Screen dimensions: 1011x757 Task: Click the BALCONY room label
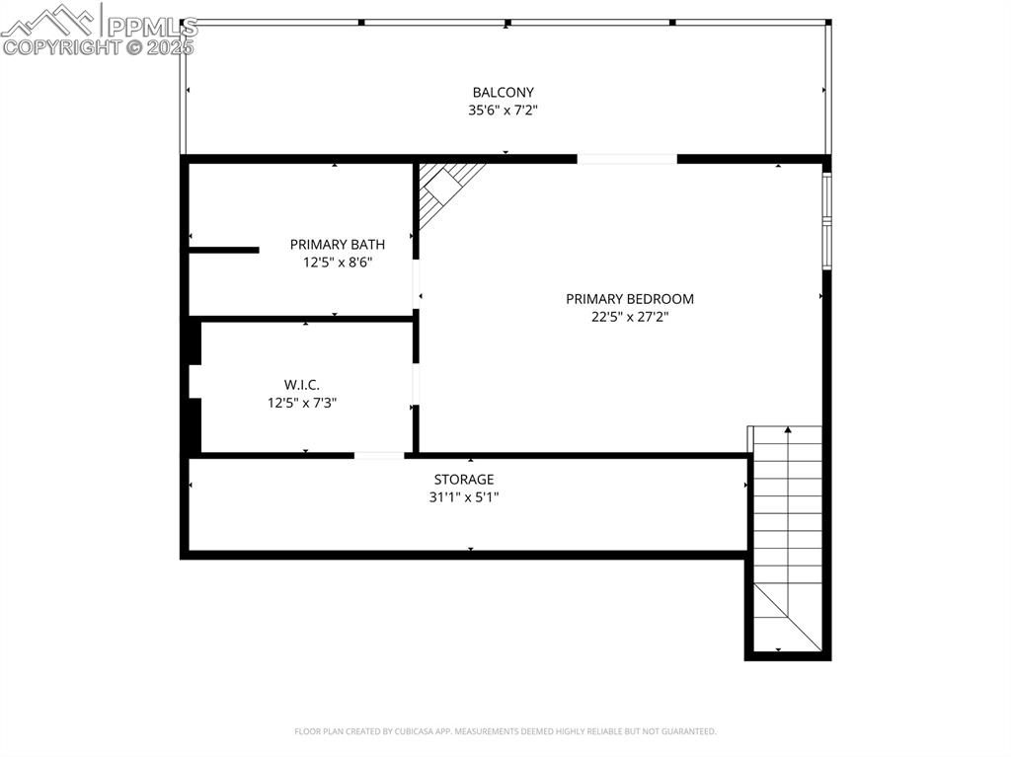click(503, 93)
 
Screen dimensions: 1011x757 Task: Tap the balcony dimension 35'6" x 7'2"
click(503, 111)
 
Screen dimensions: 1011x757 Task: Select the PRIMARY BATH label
click(338, 245)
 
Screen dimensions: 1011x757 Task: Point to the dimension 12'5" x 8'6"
click(338, 263)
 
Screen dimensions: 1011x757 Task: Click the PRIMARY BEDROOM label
click(630, 299)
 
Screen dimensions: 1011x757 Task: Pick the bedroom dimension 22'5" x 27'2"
click(630, 317)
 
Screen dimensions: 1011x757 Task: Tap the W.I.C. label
click(302, 385)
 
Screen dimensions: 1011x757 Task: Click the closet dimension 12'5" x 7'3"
click(302, 403)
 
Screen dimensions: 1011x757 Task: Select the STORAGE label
click(464, 480)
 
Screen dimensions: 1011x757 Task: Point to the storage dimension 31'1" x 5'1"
click(464, 497)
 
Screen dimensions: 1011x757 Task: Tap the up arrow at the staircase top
click(787, 429)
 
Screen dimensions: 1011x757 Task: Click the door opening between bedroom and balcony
click(627, 159)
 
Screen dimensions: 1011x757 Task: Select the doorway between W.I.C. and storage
click(379, 456)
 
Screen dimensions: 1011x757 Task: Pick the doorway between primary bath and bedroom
click(416, 283)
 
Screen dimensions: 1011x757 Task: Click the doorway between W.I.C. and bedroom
click(416, 384)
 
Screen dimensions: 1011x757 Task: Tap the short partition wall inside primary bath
click(224, 250)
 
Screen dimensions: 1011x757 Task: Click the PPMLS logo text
click(152, 27)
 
